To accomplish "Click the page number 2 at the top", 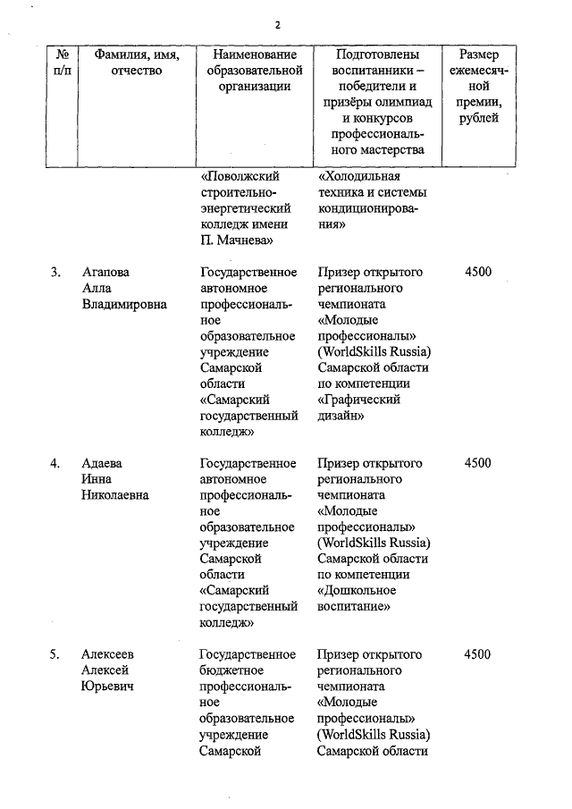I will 277,24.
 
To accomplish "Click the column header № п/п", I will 63,63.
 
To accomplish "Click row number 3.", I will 55,273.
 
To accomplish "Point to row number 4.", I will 55,464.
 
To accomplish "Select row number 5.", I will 55,655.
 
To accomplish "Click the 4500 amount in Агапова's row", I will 478,273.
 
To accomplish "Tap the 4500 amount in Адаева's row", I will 478,464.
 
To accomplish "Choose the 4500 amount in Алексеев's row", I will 478,655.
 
